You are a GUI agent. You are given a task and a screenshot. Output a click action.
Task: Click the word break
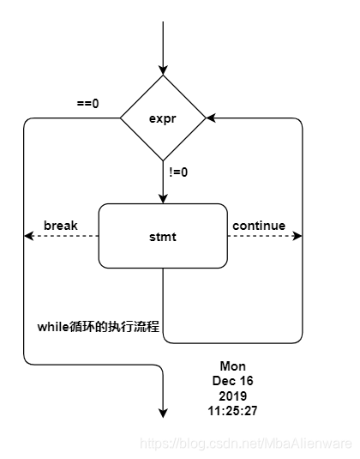click(x=61, y=226)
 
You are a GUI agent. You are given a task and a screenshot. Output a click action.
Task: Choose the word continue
click(x=258, y=226)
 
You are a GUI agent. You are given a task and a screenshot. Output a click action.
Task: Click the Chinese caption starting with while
click(x=99, y=327)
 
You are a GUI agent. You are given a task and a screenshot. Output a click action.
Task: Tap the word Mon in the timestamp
click(x=232, y=366)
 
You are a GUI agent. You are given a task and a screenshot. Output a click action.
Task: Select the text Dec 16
click(x=232, y=381)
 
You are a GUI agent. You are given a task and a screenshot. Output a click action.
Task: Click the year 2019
click(x=232, y=396)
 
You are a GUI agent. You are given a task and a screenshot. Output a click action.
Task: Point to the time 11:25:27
click(x=232, y=411)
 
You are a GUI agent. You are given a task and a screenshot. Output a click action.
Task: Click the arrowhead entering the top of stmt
click(x=163, y=198)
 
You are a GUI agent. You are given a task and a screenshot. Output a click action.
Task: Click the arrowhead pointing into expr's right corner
click(x=211, y=118)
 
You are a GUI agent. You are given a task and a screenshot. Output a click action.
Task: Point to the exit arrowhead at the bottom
click(x=163, y=413)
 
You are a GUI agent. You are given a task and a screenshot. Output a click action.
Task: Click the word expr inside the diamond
click(x=163, y=118)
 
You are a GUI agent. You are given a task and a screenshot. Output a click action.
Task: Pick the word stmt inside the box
click(x=163, y=236)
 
